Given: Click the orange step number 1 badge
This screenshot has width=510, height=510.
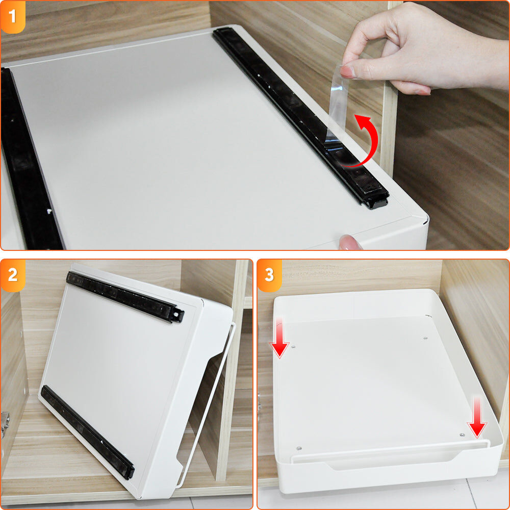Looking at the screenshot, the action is coord(13,16).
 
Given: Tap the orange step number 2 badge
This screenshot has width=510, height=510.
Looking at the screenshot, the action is coord(13,275).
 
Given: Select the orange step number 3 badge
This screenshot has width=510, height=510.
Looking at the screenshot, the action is coord(269,275).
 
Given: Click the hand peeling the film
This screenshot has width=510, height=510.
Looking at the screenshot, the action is coord(423,49).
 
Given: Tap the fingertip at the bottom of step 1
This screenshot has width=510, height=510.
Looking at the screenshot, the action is coord(350,243).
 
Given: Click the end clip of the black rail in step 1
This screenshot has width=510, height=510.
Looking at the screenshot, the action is coord(377,201).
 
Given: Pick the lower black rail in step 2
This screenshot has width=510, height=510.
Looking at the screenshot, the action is coord(87,432).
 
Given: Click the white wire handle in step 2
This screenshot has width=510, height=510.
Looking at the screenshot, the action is coord(206,406).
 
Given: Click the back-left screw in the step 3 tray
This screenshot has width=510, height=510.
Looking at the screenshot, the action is coord(293,347).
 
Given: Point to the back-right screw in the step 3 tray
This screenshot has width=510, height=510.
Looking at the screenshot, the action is coord(425,338).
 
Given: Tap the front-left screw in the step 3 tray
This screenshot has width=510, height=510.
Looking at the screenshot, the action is coord(299,448).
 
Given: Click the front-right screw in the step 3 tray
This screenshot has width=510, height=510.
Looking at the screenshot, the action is coord(462,435).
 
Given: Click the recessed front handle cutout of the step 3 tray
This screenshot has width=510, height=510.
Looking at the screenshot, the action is coord(390,460).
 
